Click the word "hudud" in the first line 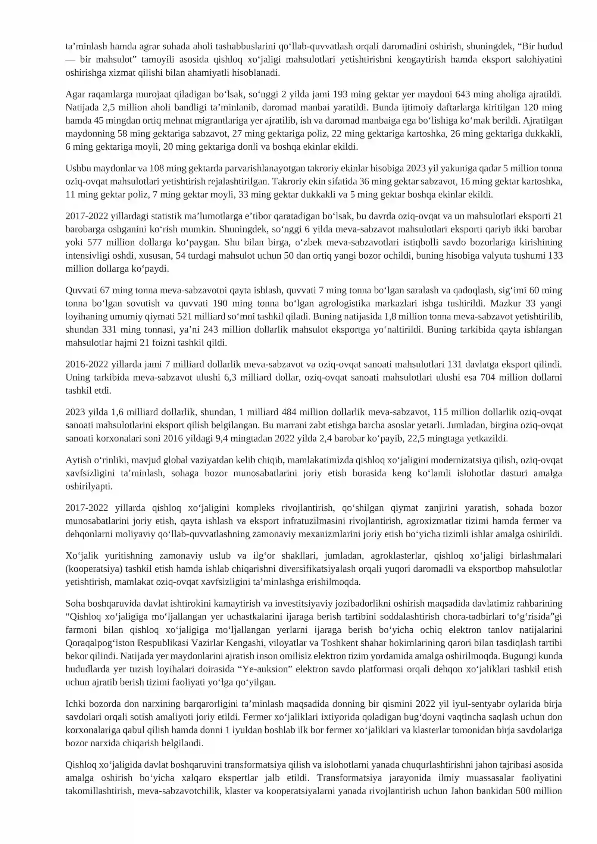[x=550, y=47]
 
